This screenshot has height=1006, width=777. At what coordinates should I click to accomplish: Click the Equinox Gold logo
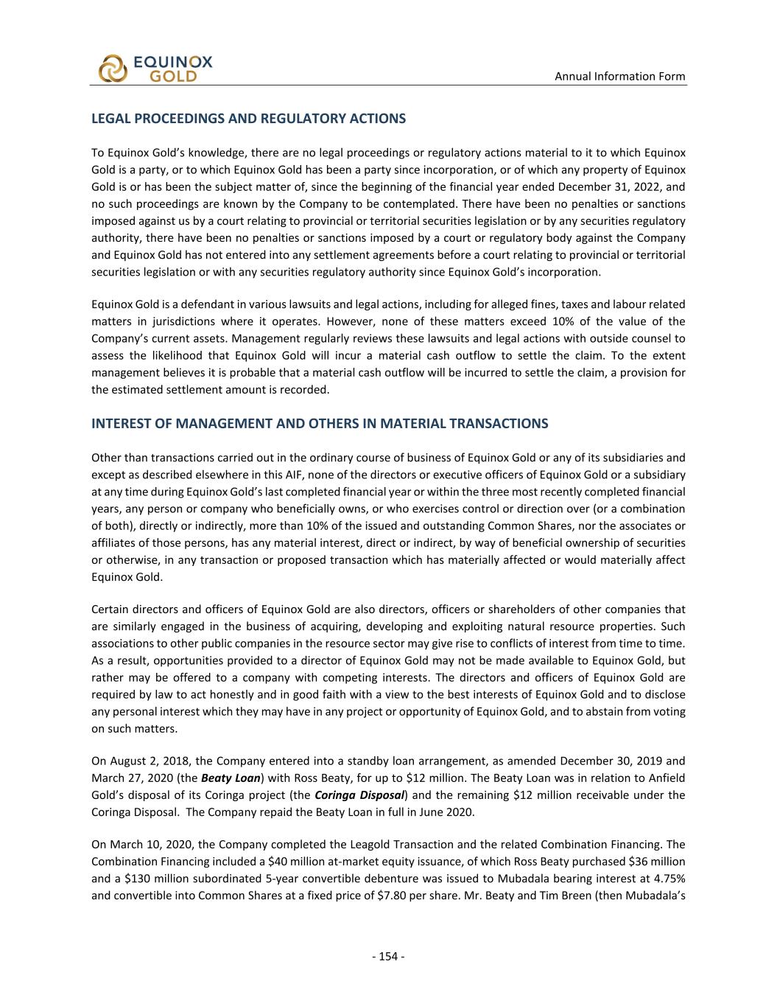click(x=155, y=68)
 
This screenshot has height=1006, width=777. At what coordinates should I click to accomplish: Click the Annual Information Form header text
click(x=619, y=76)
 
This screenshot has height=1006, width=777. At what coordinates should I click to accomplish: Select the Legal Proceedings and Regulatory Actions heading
click(x=248, y=118)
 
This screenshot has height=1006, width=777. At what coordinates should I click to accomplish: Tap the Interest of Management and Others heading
click(x=320, y=424)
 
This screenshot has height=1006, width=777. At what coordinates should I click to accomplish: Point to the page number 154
click(x=388, y=957)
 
